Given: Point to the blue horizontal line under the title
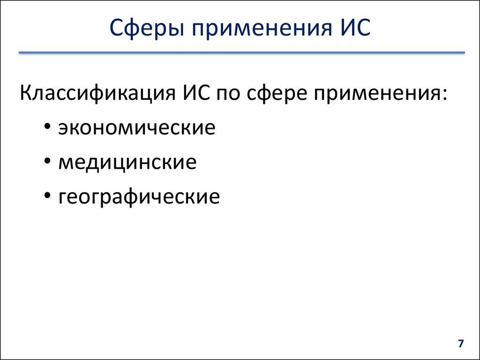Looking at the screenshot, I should [x=241, y=53].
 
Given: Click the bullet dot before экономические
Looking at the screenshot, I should [x=49, y=127].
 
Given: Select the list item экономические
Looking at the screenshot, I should [x=137, y=127].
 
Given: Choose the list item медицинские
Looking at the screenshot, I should [x=127, y=162].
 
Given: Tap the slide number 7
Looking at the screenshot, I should [x=460, y=344].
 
